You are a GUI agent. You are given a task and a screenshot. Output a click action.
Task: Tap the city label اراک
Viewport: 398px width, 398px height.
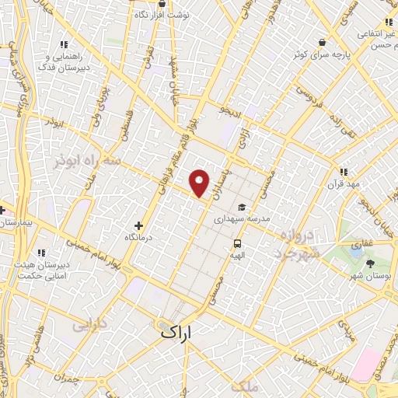[176, 331]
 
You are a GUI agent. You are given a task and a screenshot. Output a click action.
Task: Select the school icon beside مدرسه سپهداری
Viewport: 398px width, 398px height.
[243, 208]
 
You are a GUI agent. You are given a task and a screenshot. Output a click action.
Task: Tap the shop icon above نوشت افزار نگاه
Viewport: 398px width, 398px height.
[161, 4]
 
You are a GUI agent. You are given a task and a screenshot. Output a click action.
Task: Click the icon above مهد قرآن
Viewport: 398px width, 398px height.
[343, 173]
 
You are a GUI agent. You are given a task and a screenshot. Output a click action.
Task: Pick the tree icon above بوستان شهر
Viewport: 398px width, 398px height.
[371, 264]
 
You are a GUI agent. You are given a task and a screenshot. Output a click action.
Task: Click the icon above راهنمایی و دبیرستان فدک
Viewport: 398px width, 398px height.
[63, 45]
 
